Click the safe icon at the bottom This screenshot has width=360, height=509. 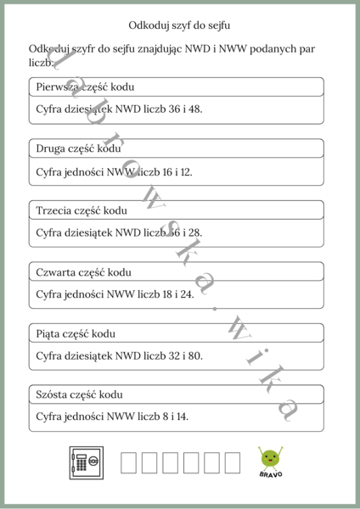86,462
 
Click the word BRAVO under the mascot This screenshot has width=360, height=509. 271,474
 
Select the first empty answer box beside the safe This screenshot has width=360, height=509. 129,462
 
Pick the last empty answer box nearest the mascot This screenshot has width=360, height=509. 232,462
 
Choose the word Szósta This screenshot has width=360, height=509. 53,394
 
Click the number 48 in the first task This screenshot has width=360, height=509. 194,109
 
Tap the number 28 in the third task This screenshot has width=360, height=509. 194,232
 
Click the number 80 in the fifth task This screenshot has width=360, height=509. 194,355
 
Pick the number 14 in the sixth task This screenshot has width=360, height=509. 181,417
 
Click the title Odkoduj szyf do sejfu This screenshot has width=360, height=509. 179,26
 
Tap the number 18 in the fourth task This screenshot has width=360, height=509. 158,294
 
